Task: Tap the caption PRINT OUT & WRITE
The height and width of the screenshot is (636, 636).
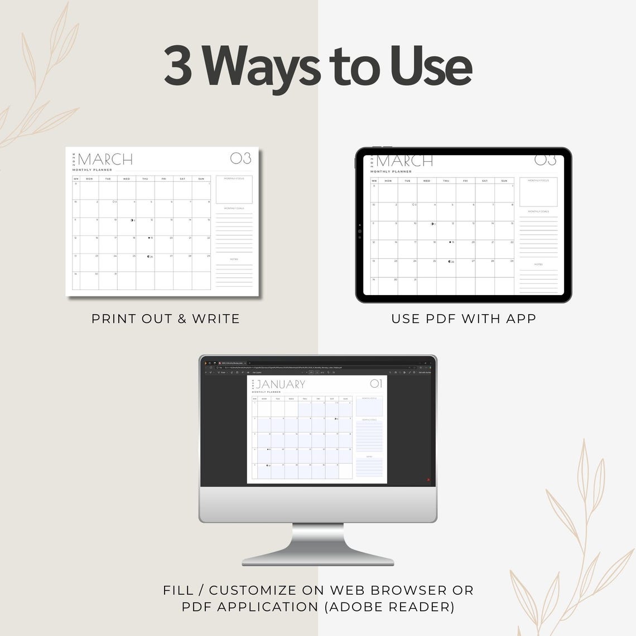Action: (166, 319)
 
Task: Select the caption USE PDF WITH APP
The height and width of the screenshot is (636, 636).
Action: (464, 319)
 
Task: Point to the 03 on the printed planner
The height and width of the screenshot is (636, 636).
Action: (240, 158)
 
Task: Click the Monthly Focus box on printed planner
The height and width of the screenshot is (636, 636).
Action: (234, 190)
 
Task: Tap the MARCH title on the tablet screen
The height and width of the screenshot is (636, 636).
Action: (404, 161)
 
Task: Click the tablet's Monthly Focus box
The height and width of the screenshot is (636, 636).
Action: (538, 192)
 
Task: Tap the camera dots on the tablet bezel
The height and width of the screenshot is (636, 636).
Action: (360, 230)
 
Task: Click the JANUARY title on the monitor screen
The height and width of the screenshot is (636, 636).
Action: (280, 384)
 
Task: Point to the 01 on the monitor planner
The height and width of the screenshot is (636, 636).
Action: (376, 383)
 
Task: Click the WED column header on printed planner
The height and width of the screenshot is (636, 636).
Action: (127, 179)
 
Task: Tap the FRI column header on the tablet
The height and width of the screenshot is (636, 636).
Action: (465, 181)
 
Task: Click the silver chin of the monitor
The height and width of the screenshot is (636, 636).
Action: (318, 505)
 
